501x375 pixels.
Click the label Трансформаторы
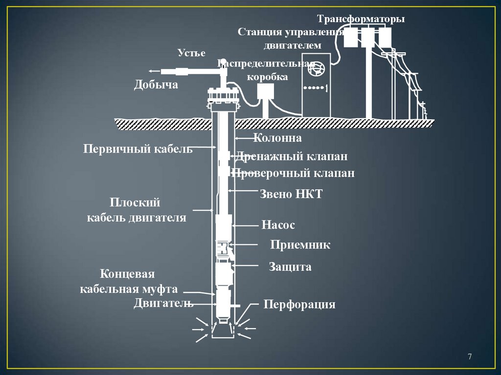[x=361, y=20]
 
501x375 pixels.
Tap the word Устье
[x=191, y=53]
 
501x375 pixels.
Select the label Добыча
[x=156, y=85]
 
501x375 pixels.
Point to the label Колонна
[x=277, y=138]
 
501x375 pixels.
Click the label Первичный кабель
[x=137, y=149]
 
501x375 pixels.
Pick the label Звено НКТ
[x=291, y=194]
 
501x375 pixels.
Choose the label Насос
[x=278, y=225]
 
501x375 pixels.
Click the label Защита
[x=290, y=266]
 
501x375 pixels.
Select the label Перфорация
[x=299, y=305]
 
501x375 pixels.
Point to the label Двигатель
[x=163, y=303]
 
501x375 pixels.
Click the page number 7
[x=470, y=356]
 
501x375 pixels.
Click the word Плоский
[x=135, y=202]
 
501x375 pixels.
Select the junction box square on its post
[x=266, y=92]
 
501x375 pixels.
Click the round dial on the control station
[x=315, y=69]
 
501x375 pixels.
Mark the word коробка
[x=267, y=77]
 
